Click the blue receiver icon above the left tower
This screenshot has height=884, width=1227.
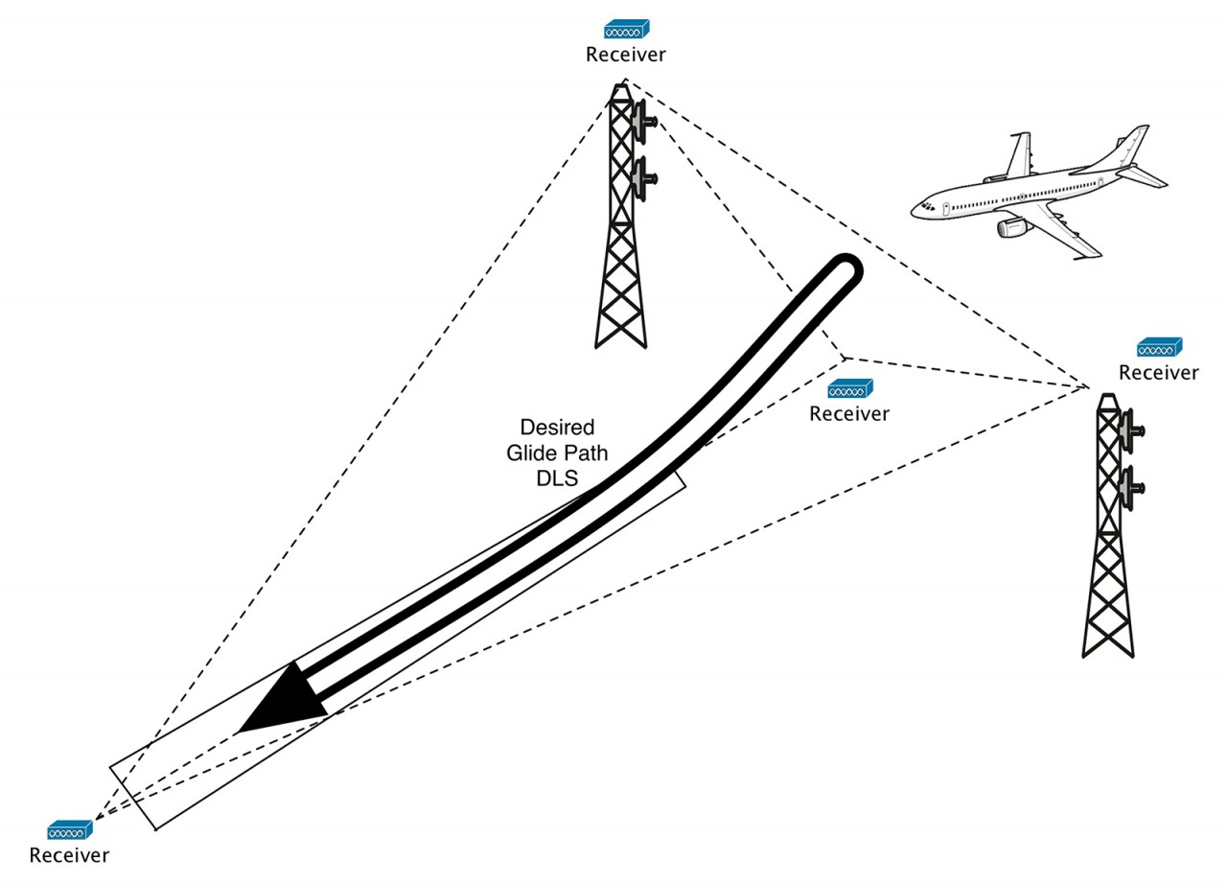[626, 30]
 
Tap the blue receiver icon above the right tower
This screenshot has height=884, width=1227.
[1159, 347]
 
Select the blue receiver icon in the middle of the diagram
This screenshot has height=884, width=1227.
[849, 389]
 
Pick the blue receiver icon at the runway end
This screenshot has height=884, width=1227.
[70, 829]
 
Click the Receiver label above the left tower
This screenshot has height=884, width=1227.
[626, 55]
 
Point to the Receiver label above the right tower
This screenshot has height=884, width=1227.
[1159, 373]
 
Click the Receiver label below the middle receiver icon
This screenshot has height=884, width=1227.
[849, 414]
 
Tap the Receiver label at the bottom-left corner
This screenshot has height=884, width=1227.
[70, 855]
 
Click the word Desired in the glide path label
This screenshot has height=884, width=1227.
[557, 427]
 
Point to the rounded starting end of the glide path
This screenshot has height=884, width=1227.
[845, 271]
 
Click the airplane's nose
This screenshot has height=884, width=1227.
[918, 206]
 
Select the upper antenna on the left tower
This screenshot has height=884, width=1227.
[642, 121]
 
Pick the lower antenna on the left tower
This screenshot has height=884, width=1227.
[642, 176]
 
